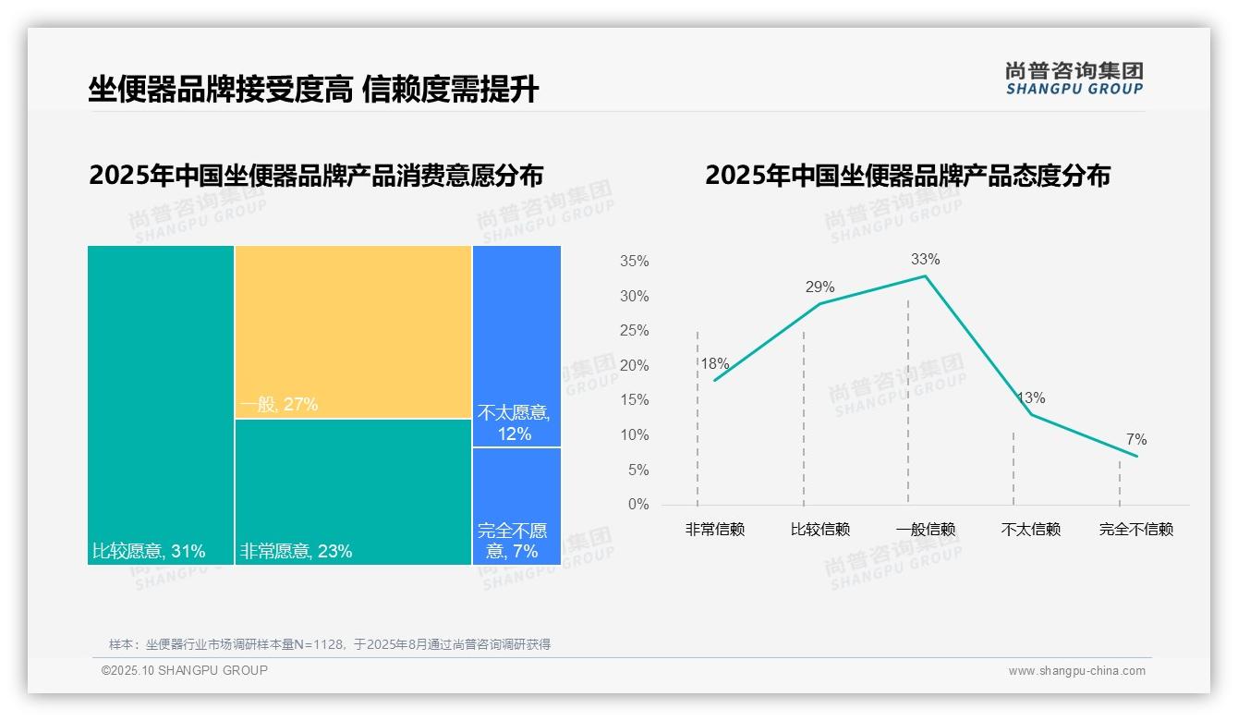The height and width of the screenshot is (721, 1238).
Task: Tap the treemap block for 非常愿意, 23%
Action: [353, 491]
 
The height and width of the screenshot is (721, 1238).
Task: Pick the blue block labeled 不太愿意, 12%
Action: [516, 346]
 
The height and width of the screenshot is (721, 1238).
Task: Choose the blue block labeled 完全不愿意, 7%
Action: [516, 506]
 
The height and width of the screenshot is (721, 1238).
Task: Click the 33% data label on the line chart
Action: [925, 260]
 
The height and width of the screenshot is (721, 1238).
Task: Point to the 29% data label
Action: [819, 287]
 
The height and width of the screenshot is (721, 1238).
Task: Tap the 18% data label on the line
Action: [715, 364]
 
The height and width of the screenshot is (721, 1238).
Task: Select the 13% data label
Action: [1031, 398]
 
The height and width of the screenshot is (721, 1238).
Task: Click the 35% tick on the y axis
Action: [634, 262]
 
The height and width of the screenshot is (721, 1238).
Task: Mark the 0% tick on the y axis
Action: [638, 505]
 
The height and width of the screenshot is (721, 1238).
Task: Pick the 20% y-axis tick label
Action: [634, 366]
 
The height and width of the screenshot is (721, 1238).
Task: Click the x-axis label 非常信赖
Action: [714, 530]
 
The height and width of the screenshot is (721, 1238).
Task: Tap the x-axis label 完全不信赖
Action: [1136, 530]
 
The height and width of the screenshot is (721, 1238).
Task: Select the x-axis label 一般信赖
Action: [926, 530]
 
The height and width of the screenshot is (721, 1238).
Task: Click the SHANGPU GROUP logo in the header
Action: [1074, 79]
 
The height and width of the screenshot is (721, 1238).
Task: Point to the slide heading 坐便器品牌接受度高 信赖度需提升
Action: [313, 90]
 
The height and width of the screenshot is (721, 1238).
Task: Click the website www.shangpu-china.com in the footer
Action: [1076, 671]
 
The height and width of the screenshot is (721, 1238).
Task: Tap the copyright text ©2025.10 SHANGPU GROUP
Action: [185, 670]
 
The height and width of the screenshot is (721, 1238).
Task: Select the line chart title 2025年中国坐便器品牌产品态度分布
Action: [907, 176]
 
